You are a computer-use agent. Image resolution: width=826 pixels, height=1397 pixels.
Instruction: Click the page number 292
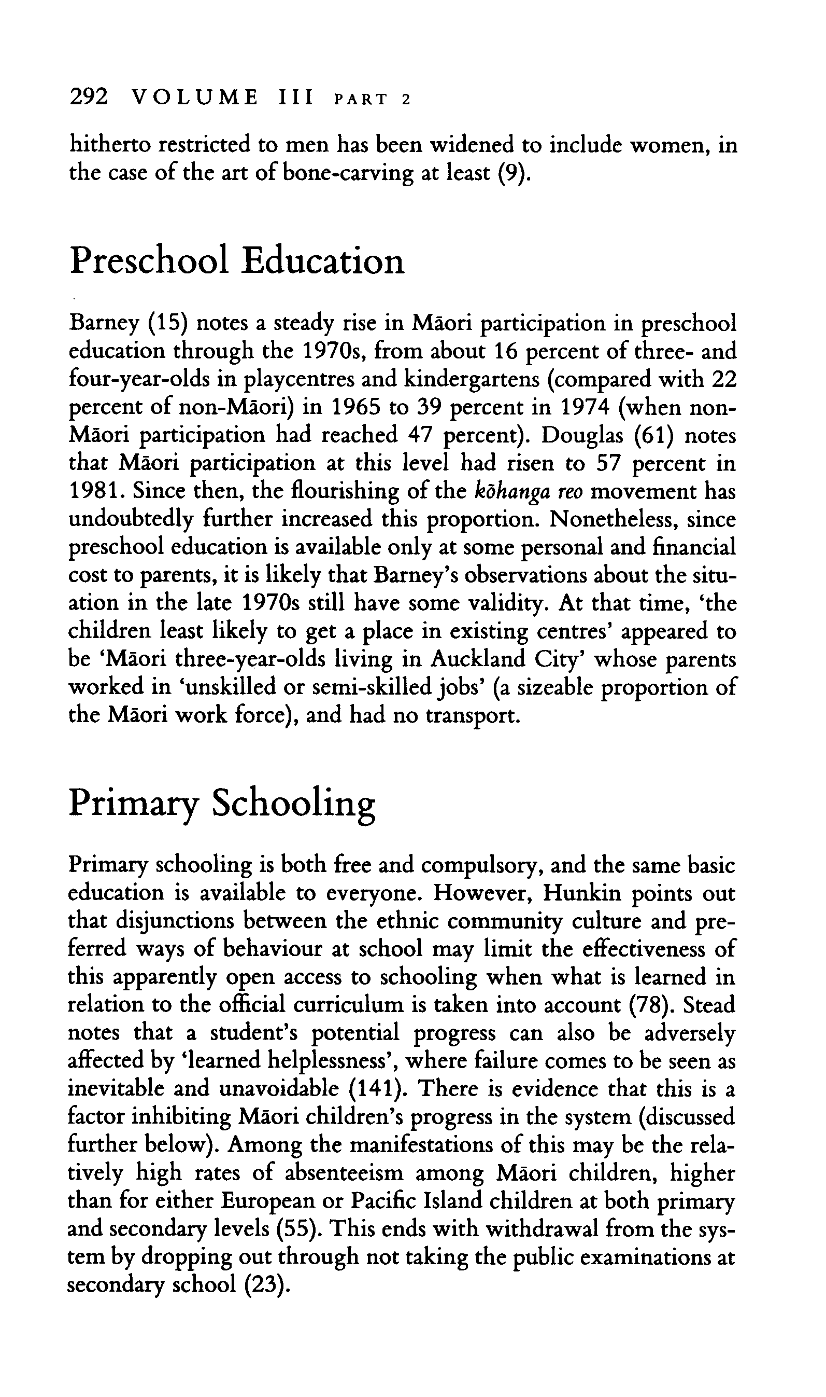[88, 98]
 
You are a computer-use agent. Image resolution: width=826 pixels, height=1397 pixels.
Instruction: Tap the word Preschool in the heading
[149, 262]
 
